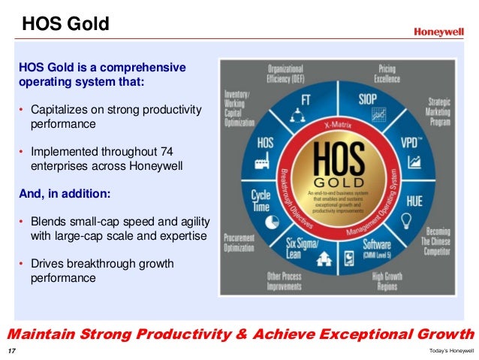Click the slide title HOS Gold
coord(65,25)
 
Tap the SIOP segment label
coord(367,99)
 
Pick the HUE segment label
coord(414,201)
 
